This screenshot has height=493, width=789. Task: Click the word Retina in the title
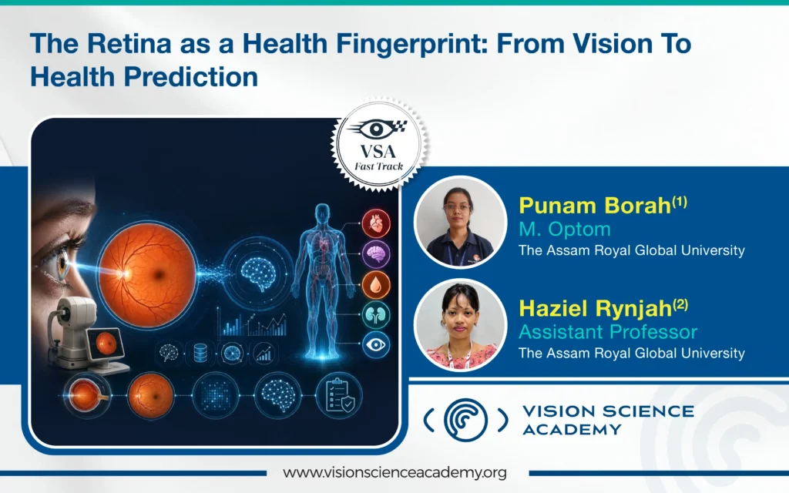tap(129, 43)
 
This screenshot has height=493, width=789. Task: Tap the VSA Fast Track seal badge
tap(378, 145)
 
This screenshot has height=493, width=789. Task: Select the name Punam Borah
tap(595, 205)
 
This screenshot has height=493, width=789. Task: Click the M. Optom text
tap(565, 230)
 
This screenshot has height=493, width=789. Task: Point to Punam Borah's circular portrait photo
tap(460, 222)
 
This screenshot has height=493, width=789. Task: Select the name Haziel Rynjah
tap(596, 308)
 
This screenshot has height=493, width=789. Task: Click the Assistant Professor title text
tap(608, 332)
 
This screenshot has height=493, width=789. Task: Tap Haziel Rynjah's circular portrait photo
tap(460, 325)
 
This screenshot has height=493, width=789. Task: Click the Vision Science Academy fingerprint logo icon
tap(465, 420)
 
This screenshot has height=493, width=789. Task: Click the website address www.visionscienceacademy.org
tap(394, 473)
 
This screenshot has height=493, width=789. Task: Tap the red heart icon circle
tap(376, 223)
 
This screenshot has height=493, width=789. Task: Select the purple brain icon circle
tap(376, 254)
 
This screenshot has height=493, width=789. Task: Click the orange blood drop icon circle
tap(376, 285)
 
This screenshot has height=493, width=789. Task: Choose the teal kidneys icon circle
tap(376, 315)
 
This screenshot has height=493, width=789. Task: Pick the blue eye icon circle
tap(376, 344)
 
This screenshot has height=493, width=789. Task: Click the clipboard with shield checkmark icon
tap(339, 395)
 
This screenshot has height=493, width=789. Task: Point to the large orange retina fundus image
tap(147, 275)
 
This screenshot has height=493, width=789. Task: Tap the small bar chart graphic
tap(252, 323)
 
